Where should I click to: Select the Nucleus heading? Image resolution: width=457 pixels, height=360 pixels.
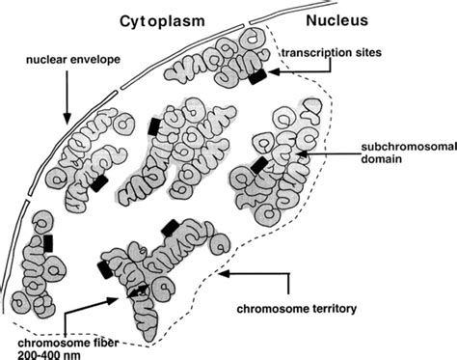[339, 20]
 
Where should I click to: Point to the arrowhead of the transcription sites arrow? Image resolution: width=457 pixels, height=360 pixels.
[273, 71]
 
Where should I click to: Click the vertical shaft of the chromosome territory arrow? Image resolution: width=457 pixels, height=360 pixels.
[288, 288]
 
